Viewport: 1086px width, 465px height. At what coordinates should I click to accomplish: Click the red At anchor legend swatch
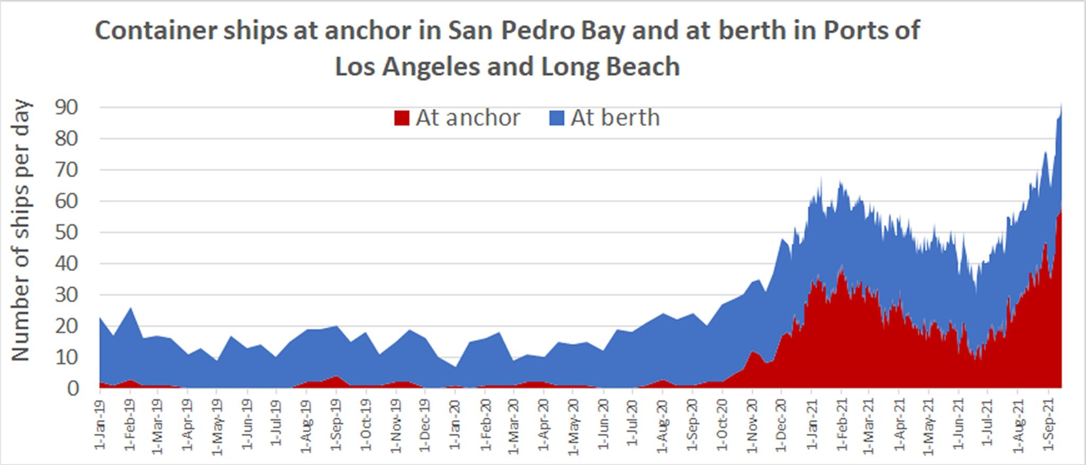click(402, 118)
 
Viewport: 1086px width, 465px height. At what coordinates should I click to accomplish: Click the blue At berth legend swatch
click(557, 118)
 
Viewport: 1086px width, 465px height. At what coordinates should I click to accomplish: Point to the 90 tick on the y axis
click(67, 108)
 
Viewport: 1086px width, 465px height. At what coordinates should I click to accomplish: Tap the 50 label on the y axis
click(67, 232)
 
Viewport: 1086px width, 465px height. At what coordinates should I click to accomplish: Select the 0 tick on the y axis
click(73, 389)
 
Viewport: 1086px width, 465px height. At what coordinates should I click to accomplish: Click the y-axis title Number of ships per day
click(21, 231)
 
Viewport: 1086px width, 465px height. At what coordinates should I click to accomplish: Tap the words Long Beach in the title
click(610, 67)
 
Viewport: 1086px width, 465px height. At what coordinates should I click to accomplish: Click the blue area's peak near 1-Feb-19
click(130, 308)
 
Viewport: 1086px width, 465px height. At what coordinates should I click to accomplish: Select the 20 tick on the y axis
click(67, 326)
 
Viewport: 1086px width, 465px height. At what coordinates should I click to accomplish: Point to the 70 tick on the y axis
click(67, 170)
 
